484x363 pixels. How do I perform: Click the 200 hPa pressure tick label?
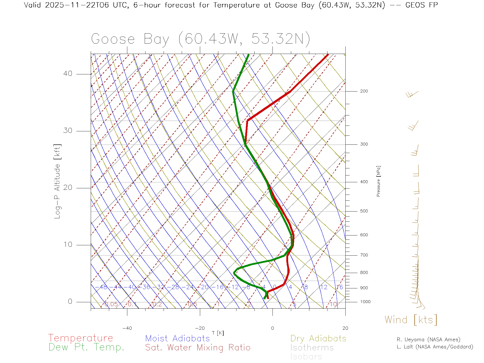[x=364, y=91]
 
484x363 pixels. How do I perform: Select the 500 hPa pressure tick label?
[x=364, y=211]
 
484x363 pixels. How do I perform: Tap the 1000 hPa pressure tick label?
[x=365, y=302]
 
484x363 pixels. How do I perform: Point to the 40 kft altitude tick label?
[x=68, y=74]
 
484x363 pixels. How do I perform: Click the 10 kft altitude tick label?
[x=68, y=245]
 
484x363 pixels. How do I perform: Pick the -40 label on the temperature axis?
[x=127, y=328]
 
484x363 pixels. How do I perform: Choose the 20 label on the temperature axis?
[x=345, y=328]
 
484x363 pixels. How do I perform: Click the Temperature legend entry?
[x=81, y=338]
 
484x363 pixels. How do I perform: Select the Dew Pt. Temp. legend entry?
[x=86, y=347]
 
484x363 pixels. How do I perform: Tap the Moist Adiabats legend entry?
[x=177, y=338]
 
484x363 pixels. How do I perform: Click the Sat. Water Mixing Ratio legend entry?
[x=198, y=348]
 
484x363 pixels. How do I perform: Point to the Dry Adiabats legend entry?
[x=318, y=338]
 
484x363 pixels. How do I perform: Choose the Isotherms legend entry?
[x=312, y=348]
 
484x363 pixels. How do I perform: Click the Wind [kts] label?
[x=411, y=320]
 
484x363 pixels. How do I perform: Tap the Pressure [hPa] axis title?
[x=378, y=181]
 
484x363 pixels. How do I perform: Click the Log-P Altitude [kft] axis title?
[x=57, y=181]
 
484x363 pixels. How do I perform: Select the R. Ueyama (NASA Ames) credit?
[x=428, y=340]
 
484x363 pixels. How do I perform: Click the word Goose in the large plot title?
[x=113, y=39]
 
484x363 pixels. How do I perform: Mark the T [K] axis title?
[x=218, y=333]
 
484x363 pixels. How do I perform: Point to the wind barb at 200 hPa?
[x=412, y=94]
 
